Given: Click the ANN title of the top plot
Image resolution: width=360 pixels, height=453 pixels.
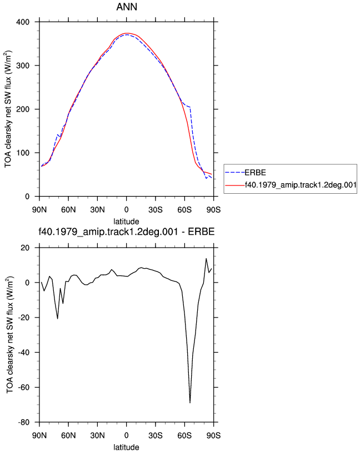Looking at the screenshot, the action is (x=126, y=7).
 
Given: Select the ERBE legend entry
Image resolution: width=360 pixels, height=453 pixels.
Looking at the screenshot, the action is (x=255, y=173).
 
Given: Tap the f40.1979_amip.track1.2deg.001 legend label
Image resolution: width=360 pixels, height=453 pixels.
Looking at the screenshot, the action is (x=301, y=185).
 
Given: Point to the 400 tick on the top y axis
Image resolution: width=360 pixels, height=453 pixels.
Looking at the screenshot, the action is (x=23, y=22).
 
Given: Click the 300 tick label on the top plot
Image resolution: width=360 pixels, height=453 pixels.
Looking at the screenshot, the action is (x=23, y=66).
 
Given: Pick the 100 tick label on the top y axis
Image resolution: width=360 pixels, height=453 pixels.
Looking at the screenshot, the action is (x=23, y=153).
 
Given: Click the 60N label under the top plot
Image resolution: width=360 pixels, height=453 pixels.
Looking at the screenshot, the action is (x=68, y=209).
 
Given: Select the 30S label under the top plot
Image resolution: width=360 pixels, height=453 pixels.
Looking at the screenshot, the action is (x=156, y=209).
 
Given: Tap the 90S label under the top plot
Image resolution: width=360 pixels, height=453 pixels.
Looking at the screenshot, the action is (x=213, y=209).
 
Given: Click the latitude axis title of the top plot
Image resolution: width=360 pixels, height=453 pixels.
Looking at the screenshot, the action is (x=126, y=222).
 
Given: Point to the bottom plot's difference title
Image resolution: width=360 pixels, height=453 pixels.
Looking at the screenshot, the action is (x=126, y=231).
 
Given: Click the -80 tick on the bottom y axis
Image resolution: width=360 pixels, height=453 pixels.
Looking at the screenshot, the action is (x=24, y=422).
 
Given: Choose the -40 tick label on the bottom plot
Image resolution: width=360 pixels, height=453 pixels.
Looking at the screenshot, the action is (x=24, y=353).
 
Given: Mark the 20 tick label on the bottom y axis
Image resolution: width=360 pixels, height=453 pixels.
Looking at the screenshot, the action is (x=25, y=248).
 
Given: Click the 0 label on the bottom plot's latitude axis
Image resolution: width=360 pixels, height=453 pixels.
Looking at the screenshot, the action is (x=126, y=435).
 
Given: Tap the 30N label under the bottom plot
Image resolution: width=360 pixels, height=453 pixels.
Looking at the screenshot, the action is (x=97, y=435).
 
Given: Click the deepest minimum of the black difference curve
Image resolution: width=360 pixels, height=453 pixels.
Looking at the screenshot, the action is (x=190, y=402).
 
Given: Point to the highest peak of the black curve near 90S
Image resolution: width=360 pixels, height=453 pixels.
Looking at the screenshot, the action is (x=206, y=258).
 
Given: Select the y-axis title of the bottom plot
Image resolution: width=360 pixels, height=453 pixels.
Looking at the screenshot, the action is (x=10, y=335).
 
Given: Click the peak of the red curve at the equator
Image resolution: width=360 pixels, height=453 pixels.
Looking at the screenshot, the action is (x=127, y=33).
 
